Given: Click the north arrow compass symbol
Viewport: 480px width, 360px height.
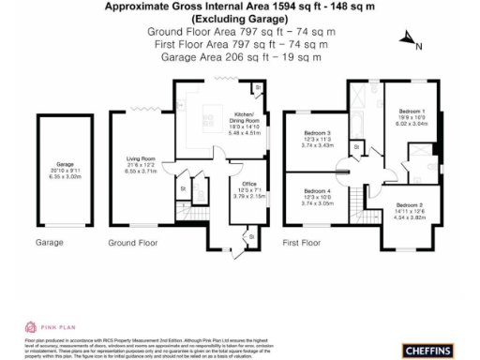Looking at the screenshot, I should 408,39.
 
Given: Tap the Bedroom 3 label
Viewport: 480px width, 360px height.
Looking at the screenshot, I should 314,136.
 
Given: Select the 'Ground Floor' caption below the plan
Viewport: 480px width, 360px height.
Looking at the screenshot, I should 130,243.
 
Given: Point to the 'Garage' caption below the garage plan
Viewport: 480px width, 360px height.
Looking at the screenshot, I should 49,243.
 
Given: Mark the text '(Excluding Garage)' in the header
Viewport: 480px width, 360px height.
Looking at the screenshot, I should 240,19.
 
